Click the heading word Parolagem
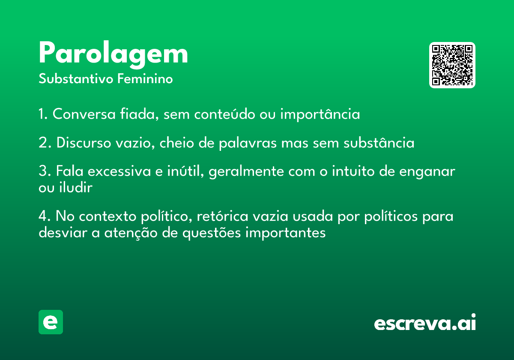[114, 55]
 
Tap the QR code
[452, 65]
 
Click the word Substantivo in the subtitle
[76, 78]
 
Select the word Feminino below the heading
[145, 78]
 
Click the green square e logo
[51, 322]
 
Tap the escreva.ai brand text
[425, 322]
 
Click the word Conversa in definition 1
[84, 114]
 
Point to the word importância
[320, 114]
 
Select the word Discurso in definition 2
[84, 143]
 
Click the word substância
[379, 143]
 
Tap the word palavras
[248, 143]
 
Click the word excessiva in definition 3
[120, 171]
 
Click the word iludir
[76, 187]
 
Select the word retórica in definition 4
[223, 216]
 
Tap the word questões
[212, 233]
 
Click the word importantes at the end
[285, 233]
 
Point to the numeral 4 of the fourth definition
[43, 216]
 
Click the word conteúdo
[224, 114]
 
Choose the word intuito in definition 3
[353, 171]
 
